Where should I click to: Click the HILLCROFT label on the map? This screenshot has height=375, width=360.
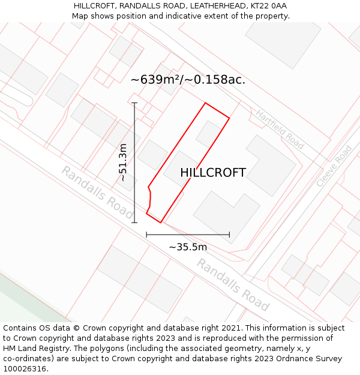213,173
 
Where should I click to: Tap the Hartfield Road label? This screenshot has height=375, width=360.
280,129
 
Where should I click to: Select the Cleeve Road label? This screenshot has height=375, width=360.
335,166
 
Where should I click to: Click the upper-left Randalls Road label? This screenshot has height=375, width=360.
97,192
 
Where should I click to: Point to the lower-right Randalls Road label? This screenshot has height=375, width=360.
233,284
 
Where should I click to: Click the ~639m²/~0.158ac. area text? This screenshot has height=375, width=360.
188,79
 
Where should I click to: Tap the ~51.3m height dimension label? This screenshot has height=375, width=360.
123,162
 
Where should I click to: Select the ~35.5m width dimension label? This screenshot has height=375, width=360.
188,247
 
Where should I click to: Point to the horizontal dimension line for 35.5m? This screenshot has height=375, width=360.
188,235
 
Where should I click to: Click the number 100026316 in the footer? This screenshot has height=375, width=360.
23,369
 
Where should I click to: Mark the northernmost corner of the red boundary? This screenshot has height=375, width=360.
205,103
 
